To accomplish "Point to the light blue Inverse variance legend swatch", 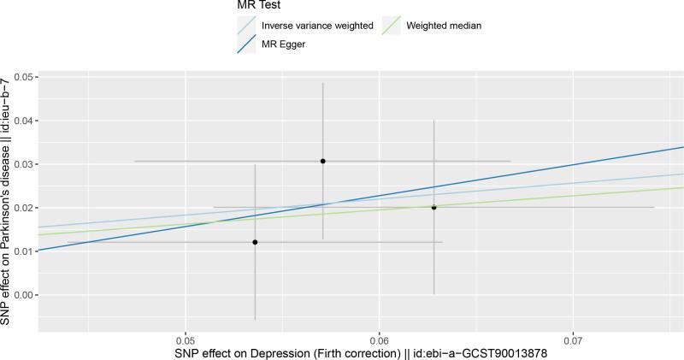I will [248, 27].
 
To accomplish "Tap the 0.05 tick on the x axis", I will [186, 339].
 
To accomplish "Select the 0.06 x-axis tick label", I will [379, 339].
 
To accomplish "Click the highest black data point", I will [322, 161].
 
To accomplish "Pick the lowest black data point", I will [255, 242].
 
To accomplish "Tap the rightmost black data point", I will [433, 207].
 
